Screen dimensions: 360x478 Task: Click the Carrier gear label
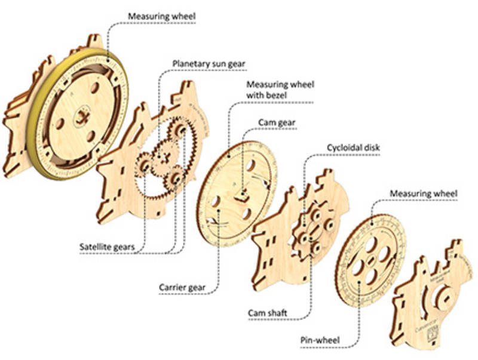[182, 287]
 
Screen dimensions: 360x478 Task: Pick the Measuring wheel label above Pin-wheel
[423, 194]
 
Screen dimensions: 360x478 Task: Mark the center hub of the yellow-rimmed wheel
[81, 117]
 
